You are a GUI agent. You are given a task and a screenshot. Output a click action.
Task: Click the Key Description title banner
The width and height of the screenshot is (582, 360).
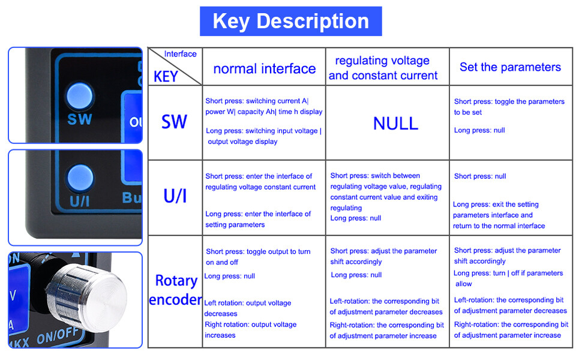[290, 22]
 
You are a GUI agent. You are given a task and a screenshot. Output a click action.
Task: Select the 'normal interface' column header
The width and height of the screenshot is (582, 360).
[264, 69]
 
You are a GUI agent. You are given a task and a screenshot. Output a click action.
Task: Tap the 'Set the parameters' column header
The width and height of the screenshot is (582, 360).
[510, 67]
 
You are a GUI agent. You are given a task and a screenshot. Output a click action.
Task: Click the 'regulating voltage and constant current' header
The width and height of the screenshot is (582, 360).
[383, 68]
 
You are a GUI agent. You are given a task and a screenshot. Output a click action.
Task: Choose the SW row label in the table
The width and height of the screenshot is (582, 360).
[174, 122]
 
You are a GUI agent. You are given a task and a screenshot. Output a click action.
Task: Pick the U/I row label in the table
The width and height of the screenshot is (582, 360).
[175, 196]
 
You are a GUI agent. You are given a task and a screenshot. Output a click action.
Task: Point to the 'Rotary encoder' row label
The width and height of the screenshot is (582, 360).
[175, 290]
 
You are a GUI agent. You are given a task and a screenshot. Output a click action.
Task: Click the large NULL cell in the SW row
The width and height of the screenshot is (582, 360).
[395, 124]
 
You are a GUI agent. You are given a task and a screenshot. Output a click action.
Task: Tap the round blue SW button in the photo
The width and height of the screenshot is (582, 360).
[79, 96]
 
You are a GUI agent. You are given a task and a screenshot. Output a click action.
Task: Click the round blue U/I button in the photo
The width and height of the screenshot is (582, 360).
[79, 178]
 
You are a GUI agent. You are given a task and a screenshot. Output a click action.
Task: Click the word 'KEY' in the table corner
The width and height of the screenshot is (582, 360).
[166, 77]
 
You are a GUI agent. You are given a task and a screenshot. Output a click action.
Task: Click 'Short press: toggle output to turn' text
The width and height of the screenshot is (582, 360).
[258, 251]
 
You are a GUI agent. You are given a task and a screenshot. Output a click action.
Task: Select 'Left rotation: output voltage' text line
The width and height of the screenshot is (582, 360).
[247, 303]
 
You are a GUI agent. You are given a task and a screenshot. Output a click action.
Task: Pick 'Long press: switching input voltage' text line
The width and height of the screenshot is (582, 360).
[263, 131]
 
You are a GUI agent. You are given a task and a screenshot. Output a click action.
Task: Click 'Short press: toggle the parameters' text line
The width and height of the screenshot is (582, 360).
[509, 101]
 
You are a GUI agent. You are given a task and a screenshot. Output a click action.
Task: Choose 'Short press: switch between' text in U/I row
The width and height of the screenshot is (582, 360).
[375, 176]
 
